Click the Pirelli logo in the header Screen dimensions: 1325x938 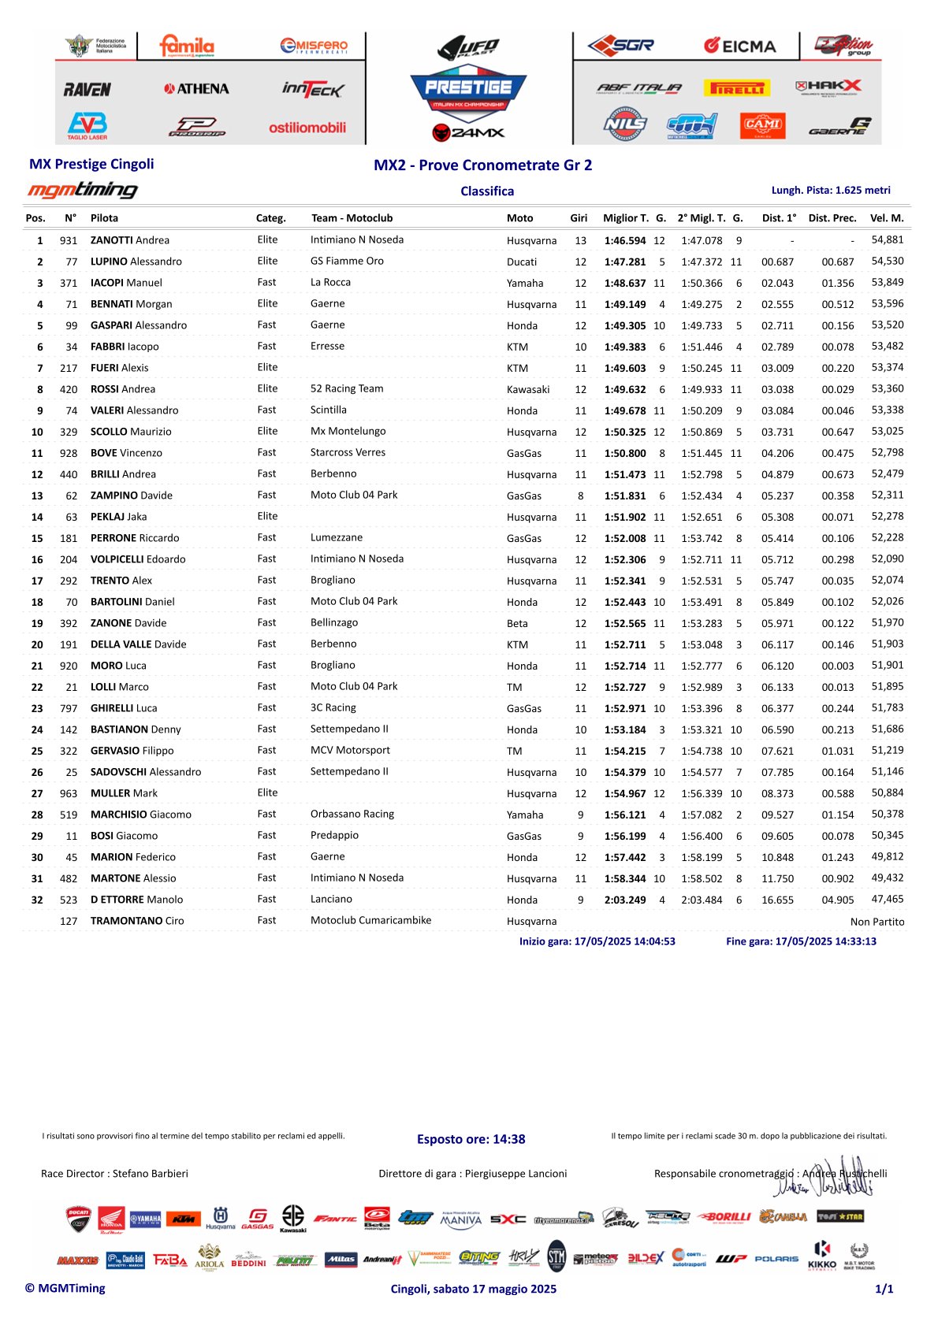click(x=738, y=88)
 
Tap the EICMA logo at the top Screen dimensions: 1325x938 click(x=739, y=46)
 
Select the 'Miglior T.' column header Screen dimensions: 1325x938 click(x=626, y=218)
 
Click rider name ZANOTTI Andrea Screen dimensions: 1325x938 click(x=130, y=240)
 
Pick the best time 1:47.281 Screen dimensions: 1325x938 click(x=624, y=262)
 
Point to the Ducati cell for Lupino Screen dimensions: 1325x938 click(x=522, y=262)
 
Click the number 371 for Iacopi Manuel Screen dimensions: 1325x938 click(x=69, y=283)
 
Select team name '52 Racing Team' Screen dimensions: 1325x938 click(x=347, y=388)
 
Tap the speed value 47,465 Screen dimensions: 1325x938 click(x=887, y=899)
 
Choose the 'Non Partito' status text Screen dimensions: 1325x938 click(x=877, y=922)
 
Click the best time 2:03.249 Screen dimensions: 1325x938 click(x=624, y=900)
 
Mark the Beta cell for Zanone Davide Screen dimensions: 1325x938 click(x=517, y=623)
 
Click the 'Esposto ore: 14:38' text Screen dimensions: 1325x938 click(x=471, y=1139)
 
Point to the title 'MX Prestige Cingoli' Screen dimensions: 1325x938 click(x=91, y=164)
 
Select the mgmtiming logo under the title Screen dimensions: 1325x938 click(x=83, y=190)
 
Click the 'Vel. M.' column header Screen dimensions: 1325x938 click(x=887, y=218)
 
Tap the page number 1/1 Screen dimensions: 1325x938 click(x=884, y=1289)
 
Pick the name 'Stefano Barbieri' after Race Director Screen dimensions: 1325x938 click(x=150, y=1174)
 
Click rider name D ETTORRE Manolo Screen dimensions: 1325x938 click(x=136, y=900)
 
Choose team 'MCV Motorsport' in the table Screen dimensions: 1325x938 click(x=350, y=750)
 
